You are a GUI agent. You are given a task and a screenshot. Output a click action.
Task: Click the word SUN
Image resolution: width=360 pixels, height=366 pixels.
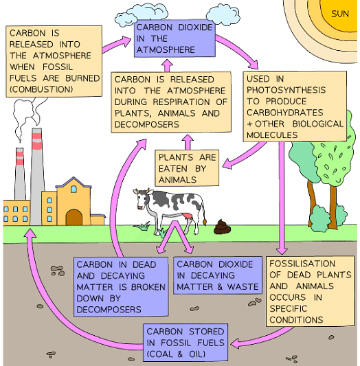click(339, 13)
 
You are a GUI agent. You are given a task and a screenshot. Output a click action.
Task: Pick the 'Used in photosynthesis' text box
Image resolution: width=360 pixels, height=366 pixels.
click(295, 107)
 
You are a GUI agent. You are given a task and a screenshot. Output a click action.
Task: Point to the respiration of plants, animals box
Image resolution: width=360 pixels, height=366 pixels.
click(168, 102)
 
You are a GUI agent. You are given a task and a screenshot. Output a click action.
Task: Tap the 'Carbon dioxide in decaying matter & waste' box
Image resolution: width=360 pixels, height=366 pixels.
click(217, 275)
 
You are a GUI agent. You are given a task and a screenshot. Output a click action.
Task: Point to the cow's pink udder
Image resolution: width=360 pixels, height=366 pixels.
click(186, 217)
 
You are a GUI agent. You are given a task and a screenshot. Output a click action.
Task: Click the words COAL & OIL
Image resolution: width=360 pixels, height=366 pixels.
click(184, 354)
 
